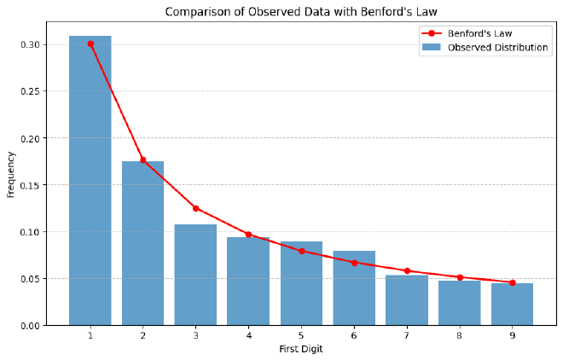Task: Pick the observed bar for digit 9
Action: click(512, 305)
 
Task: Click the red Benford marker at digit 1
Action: click(90, 44)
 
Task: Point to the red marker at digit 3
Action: click(195, 208)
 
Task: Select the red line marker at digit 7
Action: click(407, 270)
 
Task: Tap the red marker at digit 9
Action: click(512, 282)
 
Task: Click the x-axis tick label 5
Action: click(301, 336)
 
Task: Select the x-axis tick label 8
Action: click(459, 336)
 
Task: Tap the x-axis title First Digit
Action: click(301, 349)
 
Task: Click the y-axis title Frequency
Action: click(11, 174)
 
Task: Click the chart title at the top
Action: click(301, 12)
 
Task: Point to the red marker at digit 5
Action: click(301, 251)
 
